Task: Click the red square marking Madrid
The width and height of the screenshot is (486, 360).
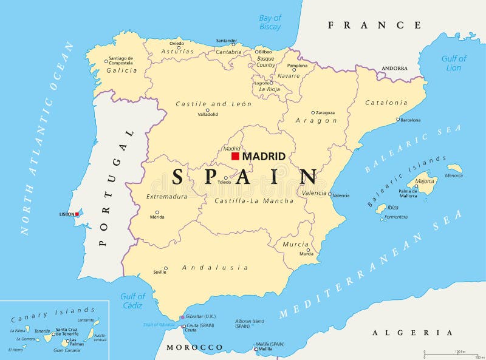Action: click(x=235, y=156)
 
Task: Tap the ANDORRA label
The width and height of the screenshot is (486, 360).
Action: click(x=394, y=69)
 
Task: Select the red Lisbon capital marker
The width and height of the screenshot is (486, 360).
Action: click(x=78, y=214)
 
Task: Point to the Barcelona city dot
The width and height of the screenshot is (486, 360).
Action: click(x=398, y=120)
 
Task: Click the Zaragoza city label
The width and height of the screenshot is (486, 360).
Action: click(x=325, y=112)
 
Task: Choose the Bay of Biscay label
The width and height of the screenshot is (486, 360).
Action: click(x=270, y=22)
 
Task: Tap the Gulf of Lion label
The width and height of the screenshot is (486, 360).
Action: click(x=454, y=63)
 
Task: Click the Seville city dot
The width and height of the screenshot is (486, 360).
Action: click(x=165, y=268)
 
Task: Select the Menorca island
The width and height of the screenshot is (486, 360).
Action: click(x=454, y=168)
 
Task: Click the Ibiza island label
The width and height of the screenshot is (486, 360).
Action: click(x=393, y=207)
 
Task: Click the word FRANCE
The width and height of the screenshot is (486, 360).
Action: click(x=374, y=25)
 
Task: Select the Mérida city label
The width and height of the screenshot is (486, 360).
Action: click(x=157, y=217)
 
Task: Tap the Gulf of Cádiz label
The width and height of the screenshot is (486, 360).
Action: click(x=132, y=301)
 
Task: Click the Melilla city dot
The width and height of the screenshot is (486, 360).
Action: click(x=255, y=349)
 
